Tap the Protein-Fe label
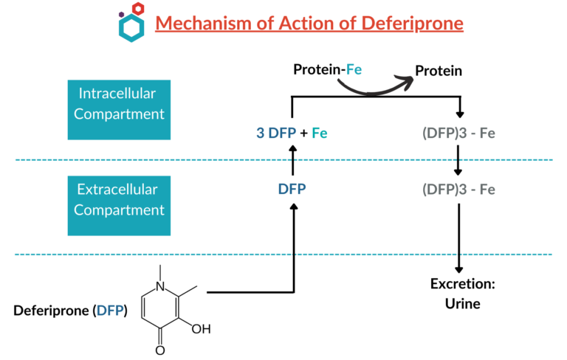pos(326,71)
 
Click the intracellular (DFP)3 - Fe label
pos(458,134)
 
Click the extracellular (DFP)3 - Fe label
pos(458,190)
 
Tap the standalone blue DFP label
pos(292,190)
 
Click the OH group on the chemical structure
pos(201,328)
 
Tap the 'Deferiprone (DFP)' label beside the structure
pos(70,311)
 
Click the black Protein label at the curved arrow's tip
pos(439,71)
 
